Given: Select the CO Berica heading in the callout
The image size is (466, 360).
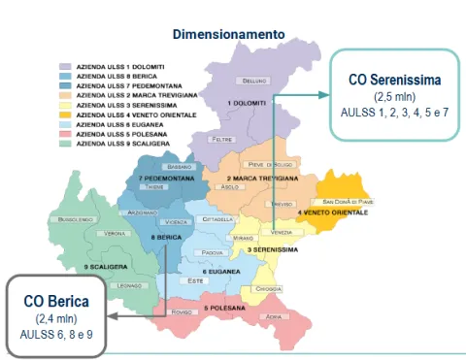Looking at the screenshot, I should tap(55, 301).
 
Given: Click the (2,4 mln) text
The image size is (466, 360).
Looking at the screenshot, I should tap(55, 318).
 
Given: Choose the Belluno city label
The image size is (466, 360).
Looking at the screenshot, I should tap(254, 80).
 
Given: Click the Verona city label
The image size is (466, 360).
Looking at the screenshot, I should tap(116, 234).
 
